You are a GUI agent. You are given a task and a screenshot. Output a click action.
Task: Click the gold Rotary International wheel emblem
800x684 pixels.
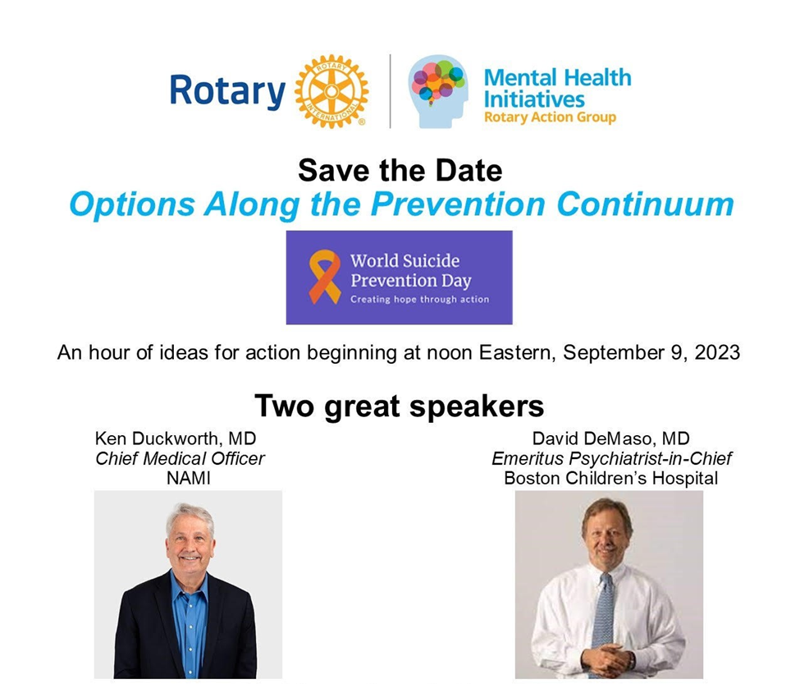(x=331, y=91)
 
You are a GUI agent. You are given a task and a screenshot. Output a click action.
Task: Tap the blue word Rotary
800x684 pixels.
(x=227, y=92)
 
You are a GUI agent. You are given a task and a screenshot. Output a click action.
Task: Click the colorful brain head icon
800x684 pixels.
(x=438, y=91)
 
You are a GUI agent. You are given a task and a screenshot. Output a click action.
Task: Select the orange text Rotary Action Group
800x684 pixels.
(x=550, y=117)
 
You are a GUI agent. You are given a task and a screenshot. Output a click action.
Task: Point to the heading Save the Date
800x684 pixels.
(x=400, y=170)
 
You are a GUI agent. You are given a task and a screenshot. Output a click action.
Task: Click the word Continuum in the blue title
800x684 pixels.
(x=645, y=204)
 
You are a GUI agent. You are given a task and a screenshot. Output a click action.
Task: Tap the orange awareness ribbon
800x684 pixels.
(x=324, y=277)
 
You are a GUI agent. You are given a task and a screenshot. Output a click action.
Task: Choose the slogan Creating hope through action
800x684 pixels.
(x=419, y=299)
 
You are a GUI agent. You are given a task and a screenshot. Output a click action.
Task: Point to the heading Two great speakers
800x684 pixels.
(x=400, y=406)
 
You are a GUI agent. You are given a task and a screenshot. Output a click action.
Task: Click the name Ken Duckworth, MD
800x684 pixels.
(x=176, y=438)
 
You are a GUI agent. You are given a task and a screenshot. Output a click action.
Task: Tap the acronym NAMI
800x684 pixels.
(x=188, y=478)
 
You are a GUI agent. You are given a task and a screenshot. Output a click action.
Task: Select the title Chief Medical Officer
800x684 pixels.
(x=180, y=458)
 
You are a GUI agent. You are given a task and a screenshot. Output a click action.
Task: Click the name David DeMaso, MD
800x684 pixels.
(x=610, y=438)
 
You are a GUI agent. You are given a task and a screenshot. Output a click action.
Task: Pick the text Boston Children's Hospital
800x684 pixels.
(x=610, y=478)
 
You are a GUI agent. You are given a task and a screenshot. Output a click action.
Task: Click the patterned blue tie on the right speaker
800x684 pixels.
(x=604, y=617)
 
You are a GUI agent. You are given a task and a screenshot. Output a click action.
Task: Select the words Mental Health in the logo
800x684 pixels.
(x=558, y=78)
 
